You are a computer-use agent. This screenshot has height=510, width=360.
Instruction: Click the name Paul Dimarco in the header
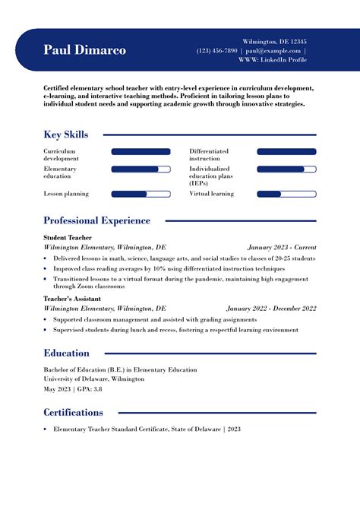pos(85,50)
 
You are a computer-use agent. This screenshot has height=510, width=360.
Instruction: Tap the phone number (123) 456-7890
pos(216,50)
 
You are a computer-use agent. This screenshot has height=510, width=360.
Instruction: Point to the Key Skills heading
pos(66,135)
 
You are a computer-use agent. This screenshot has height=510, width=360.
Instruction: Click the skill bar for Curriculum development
pos(141,151)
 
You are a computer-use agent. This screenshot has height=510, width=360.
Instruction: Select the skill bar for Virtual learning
pos(286,194)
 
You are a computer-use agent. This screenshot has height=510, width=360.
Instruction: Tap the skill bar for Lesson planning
pos(141,194)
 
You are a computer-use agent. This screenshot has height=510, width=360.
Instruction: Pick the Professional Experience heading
pos(96,220)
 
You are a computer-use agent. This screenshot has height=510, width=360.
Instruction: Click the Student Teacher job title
pos(66,238)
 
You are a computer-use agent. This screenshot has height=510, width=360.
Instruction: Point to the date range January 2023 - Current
pos(282,247)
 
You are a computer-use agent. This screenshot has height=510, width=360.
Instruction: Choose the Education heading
pos(66,353)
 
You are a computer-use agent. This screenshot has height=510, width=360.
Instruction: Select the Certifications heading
pos(73,412)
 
